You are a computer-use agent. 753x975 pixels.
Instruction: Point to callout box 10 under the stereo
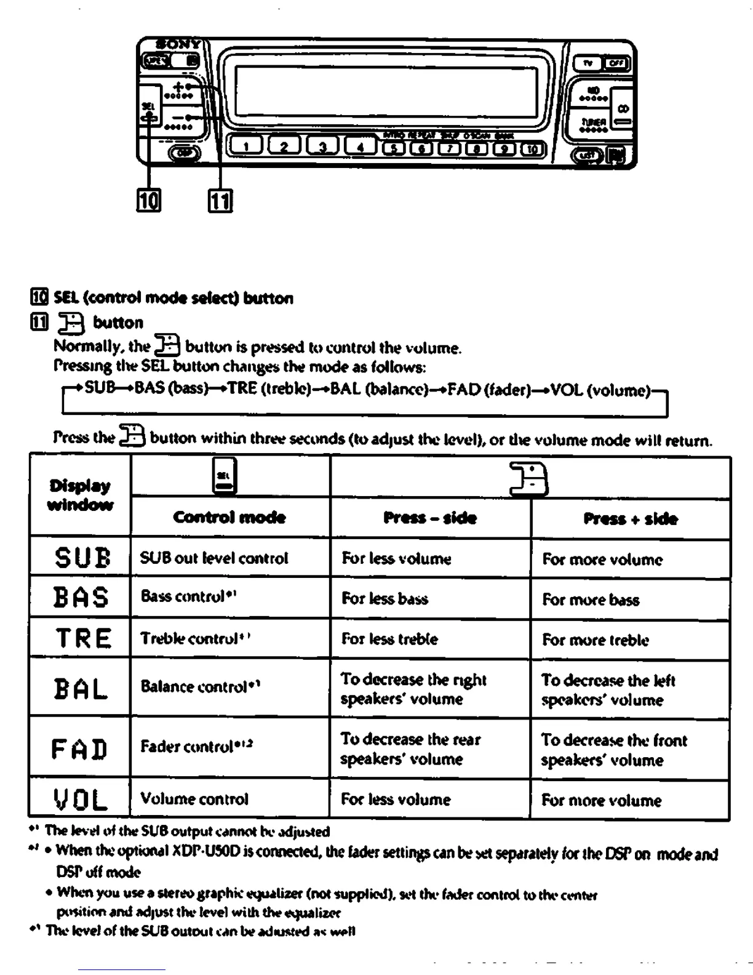148,200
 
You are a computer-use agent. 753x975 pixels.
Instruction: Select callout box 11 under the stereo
220,201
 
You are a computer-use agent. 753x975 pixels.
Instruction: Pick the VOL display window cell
80,800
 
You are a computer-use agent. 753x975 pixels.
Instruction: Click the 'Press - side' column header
430,518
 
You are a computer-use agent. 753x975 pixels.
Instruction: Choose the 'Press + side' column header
631,519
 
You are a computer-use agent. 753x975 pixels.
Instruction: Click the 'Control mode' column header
229,517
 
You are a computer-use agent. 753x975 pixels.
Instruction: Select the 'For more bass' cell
591,600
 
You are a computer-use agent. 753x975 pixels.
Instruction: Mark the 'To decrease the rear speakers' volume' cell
410,748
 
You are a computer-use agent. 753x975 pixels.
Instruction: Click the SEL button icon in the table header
224,476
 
